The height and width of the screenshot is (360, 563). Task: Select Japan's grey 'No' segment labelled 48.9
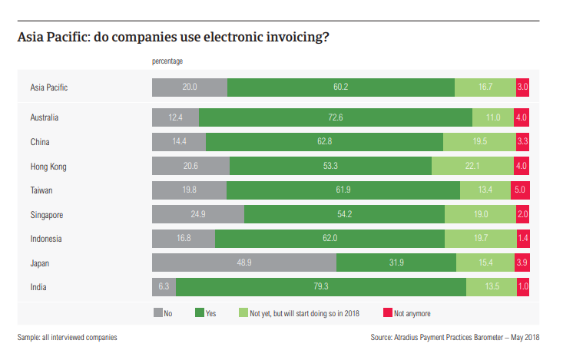(x=244, y=263)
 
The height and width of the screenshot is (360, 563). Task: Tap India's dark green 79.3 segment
(x=321, y=287)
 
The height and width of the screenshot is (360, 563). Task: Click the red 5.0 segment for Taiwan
(x=520, y=190)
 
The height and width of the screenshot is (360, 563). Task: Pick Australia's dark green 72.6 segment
(x=335, y=117)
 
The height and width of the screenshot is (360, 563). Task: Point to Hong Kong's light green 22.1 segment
(x=472, y=166)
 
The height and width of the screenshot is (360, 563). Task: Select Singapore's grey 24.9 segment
(x=198, y=214)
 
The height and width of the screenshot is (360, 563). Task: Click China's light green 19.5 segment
(x=479, y=142)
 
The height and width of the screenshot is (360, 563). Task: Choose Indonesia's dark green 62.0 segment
(x=330, y=239)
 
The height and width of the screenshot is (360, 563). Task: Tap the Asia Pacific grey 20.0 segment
(x=190, y=87)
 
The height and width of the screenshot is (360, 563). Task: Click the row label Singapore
(x=48, y=214)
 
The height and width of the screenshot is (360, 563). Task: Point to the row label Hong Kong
(x=48, y=166)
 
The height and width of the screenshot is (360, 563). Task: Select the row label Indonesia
(x=48, y=239)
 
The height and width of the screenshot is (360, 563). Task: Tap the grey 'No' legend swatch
(x=157, y=313)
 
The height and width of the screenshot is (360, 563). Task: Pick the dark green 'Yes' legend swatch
(x=199, y=313)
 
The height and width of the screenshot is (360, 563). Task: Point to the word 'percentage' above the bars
(x=167, y=61)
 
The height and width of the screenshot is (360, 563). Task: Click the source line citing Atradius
(x=455, y=337)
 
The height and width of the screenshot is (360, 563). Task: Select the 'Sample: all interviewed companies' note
(x=68, y=337)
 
